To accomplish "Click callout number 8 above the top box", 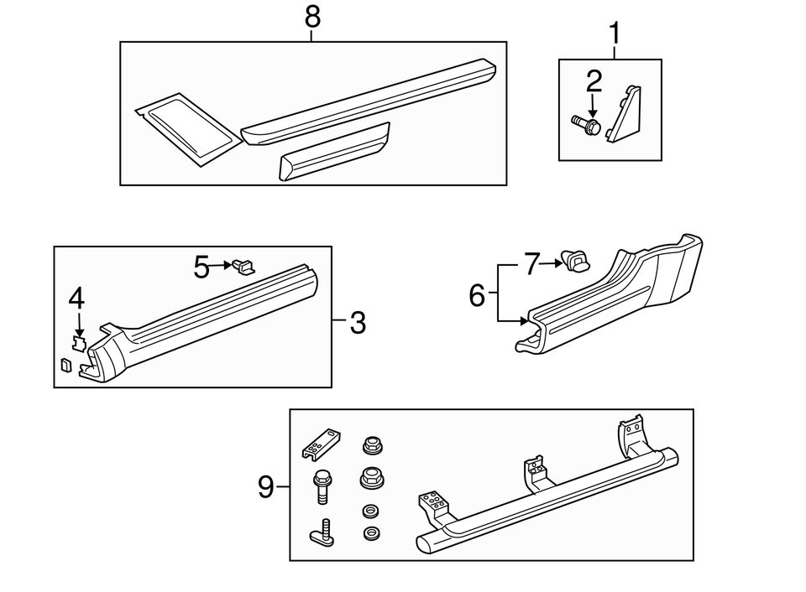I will tap(312, 15).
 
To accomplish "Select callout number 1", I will tap(615, 34).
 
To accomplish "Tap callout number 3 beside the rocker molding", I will tap(358, 323).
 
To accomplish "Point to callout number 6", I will tap(477, 295).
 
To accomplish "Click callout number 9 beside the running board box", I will tap(266, 487).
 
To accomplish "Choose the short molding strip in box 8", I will tap(334, 153).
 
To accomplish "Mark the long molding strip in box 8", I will tap(369, 99).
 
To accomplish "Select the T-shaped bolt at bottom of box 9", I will tap(322, 532).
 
